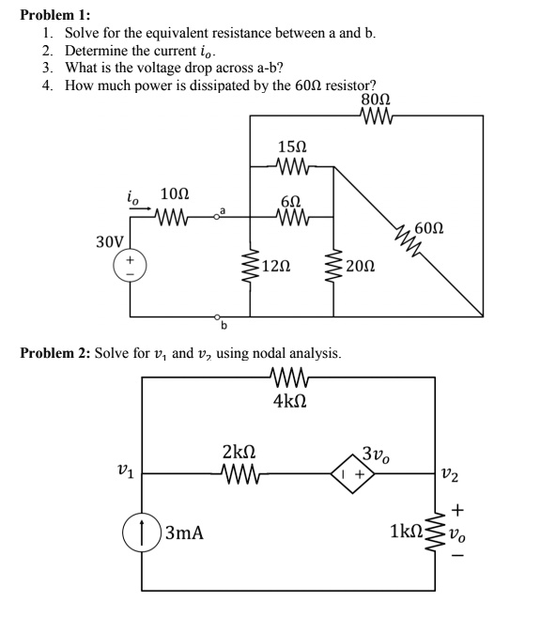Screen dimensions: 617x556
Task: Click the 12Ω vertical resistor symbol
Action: coord(249,267)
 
